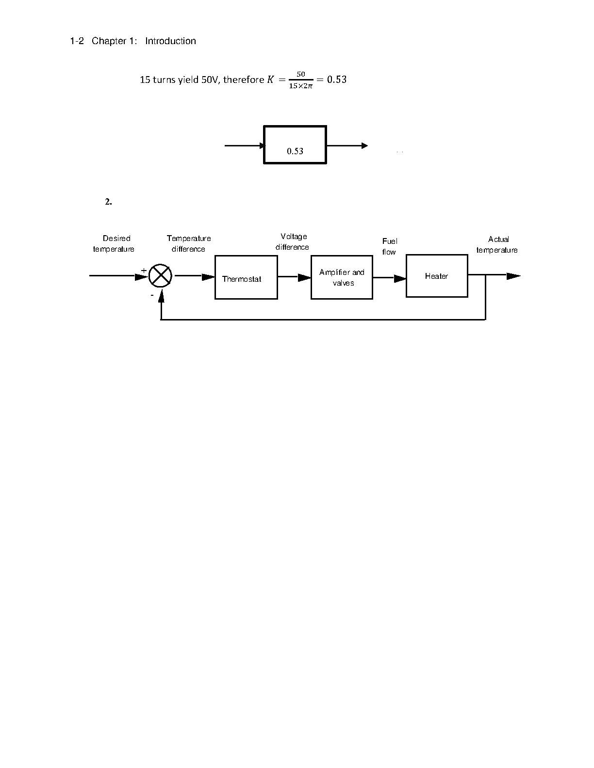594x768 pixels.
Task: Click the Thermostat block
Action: pyautogui.click(x=246, y=277)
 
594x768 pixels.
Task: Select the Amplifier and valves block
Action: pyautogui.click(x=342, y=277)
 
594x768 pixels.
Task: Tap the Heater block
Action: pyautogui.click(x=437, y=276)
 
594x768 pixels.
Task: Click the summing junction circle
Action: pyautogui.click(x=160, y=276)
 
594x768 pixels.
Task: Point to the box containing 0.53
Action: pyautogui.click(x=295, y=144)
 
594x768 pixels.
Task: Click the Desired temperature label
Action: pyautogui.click(x=114, y=243)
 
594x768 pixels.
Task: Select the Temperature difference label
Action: pyautogui.click(x=189, y=243)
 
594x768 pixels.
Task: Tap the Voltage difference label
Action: pyautogui.click(x=292, y=242)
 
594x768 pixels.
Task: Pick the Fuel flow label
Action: pyautogui.click(x=390, y=246)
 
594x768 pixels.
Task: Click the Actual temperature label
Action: pyautogui.click(x=497, y=244)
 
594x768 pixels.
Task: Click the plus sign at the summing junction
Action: pyautogui.click(x=144, y=271)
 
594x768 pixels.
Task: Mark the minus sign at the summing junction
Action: pyautogui.click(x=152, y=295)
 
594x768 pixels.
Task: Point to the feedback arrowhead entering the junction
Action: pyautogui.click(x=161, y=296)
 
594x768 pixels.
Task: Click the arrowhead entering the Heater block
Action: pyautogui.click(x=400, y=278)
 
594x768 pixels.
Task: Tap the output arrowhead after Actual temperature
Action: pyautogui.click(x=513, y=276)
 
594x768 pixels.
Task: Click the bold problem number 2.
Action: pyautogui.click(x=108, y=201)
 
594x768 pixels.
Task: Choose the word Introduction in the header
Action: pyautogui.click(x=170, y=41)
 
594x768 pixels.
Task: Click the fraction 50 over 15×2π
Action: pyautogui.click(x=301, y=80)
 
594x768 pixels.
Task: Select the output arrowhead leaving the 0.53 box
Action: pyautogui.click(x=365, y=145)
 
